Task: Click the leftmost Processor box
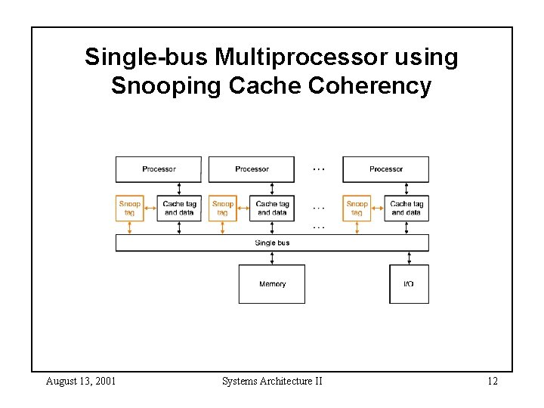[x=159, y=169]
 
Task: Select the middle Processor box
[x=252, y=169]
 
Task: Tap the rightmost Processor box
[x=386, y=169]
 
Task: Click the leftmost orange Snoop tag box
[x=130, y=208]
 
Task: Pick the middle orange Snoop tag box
[x=223, y=208]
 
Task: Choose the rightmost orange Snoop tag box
[x=357, y=208]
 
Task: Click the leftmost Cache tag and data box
[x=179, y=208]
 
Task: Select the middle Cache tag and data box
[x=272, y=208]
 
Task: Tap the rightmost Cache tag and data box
[x=406, y=208]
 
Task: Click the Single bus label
[x=272, y=243]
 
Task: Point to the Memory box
[x=272, y=284]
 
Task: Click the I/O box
[x=409, y=284]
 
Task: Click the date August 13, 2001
[x=81, y=381]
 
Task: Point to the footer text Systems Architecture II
[x=272, y=381]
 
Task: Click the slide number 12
[x=492, y=381]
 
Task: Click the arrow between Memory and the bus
[x=272, y=258]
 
